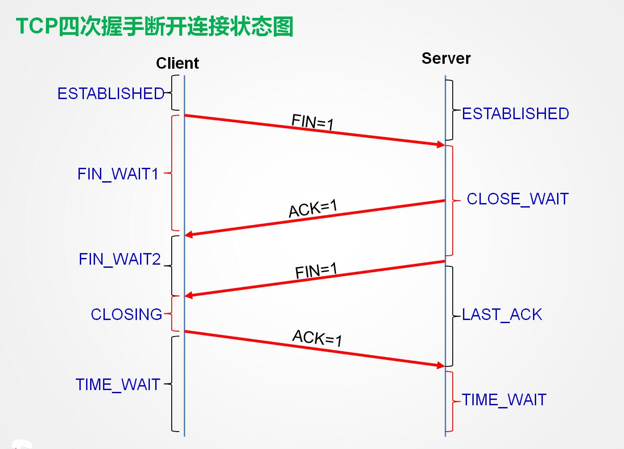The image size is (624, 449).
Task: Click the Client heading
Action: (177, 63)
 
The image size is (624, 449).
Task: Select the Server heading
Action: (446, 58)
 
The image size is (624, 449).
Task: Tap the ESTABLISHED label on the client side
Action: (111, 94)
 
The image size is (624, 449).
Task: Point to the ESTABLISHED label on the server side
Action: (515, 114)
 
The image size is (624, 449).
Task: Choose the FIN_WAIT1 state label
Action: (118, 174)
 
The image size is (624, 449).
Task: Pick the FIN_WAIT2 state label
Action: (119, 259)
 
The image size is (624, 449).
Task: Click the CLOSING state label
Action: (126, 314)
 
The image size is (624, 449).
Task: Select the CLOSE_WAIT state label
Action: (517, 199)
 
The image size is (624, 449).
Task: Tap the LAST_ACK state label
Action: (502, 315)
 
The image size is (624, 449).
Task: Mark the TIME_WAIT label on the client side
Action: (118, 384)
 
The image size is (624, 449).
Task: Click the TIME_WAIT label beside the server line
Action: (504, 399)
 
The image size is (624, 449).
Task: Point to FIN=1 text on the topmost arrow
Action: (312, 122)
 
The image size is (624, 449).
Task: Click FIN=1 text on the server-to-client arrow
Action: (316, 270)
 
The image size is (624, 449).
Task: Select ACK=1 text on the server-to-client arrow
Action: (313, 208)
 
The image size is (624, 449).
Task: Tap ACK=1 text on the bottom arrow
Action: (317, 338)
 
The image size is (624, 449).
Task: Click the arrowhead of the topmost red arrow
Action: (441, 144)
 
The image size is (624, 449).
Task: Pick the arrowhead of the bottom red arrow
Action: (441, 366)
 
